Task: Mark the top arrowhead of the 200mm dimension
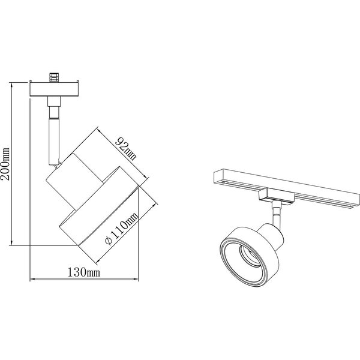tap(12, 84)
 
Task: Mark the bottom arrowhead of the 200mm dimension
tap(12, 243)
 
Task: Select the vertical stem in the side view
tap(54, 135)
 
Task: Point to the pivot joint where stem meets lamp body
tap(57, 163)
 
